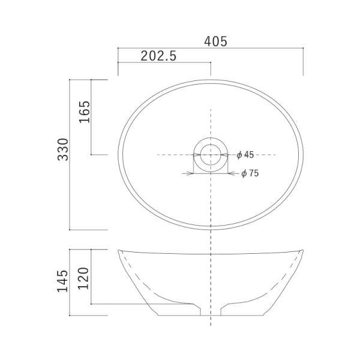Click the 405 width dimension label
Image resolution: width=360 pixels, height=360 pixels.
(x=215, y=41)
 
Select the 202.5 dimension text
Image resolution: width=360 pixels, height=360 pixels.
(x=158, y=56)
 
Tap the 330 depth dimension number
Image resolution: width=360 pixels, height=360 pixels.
(x=63, y=149)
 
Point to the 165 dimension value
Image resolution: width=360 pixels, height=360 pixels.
(x=85, y=112)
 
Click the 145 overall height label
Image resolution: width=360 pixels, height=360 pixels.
(x=62, y=281)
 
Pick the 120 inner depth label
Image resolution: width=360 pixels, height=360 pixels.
(x=83, y=278)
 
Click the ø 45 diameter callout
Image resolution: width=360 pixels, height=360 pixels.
(x=245, y=155)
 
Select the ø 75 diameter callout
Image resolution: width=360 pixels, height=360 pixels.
(x=250, y=173)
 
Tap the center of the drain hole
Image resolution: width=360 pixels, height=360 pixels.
(x=211, y=155)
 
